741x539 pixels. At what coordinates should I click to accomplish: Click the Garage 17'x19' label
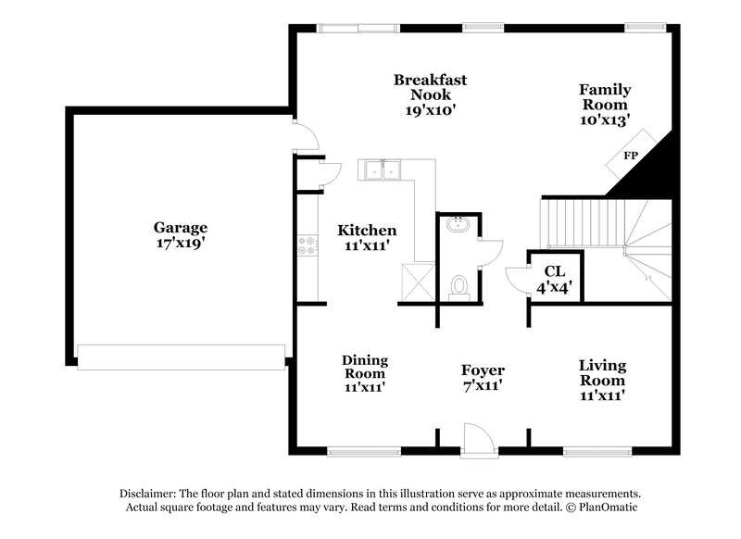[x=180, y=234]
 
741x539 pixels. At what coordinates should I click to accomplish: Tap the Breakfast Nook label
[x=429, y=94]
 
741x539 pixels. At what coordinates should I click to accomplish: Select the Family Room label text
[x=605, y=104]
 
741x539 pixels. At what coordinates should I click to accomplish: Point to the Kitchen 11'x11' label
[x=367, y=238]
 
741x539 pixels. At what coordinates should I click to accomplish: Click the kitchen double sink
[x=381, y=169]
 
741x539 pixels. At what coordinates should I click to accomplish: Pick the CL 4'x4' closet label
[x=556, y=279]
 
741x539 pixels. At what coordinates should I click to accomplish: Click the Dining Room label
[x=364, y=373]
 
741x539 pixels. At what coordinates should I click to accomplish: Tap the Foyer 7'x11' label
[x=483, y=378]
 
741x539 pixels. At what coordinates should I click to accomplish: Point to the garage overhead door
[x=181, y=357]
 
